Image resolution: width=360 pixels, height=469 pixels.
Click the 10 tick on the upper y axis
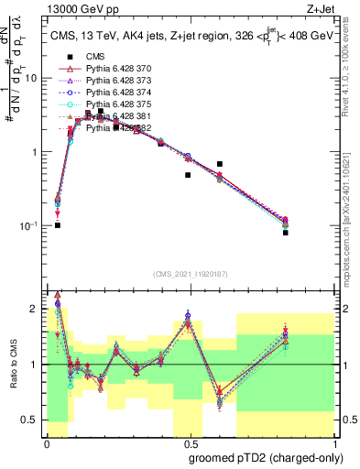click(35, 78)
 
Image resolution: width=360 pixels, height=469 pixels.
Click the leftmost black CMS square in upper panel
click(58, 224)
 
